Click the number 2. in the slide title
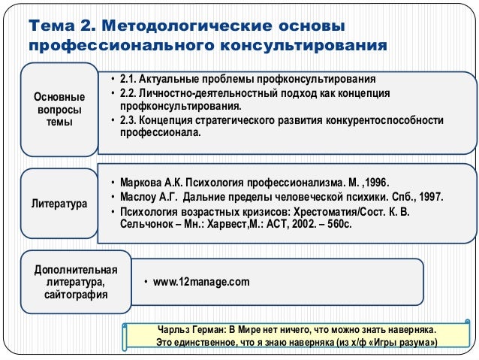tap(86, 27)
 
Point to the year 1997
tap(429, 198)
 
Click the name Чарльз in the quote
tap(172, 330)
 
